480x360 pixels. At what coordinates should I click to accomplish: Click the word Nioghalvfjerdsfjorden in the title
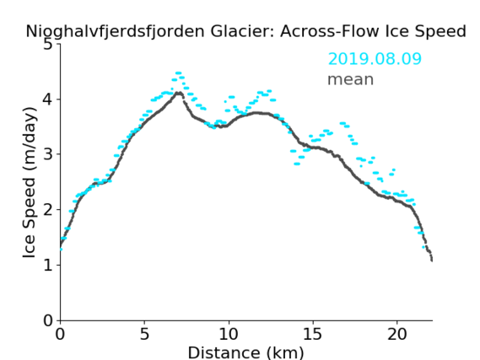(x=115, y=32)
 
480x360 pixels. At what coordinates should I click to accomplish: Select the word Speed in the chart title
(x=445, y=32)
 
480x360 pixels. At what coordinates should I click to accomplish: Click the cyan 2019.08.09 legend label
(x=375, y=59)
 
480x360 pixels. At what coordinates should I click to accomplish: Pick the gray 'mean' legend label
(x=351, y=79)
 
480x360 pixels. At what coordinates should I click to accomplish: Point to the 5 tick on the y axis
(x=48, y=45)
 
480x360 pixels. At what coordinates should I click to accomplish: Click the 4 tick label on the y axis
(x=48, y=99)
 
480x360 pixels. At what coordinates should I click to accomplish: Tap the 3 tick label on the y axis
(x=48, y=154)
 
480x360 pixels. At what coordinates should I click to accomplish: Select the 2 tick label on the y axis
(x=48, y=210)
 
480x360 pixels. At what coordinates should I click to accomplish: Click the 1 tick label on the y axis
(x=48, y=265)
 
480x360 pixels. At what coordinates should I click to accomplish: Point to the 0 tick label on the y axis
(x=48, y=320)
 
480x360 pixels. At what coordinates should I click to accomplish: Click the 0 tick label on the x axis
(x=60, y=334)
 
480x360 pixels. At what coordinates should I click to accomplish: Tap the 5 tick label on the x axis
(x=144, y=334)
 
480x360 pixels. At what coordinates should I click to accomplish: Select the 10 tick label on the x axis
(x=229, y=334)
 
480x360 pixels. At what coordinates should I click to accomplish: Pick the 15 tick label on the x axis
(x=313, y=334)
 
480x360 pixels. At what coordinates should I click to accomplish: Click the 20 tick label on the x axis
(x=397, y=334)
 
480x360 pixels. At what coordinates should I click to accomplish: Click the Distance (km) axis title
(x=245, y=352)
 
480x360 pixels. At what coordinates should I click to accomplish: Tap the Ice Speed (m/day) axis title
(x=30, y=183)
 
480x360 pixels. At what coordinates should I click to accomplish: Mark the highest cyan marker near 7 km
(x=178, y=73)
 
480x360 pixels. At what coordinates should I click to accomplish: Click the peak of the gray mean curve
(x=179, y=93)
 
